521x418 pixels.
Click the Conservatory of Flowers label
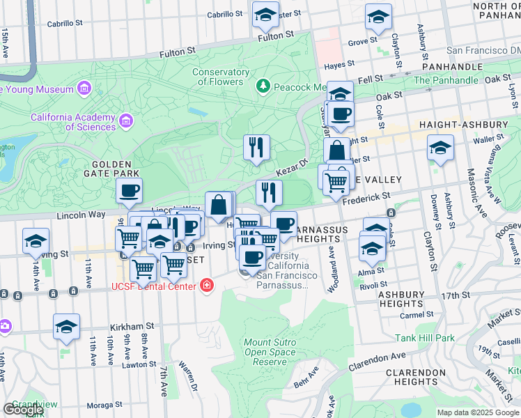point(221,77)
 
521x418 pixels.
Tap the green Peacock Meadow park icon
point(263,86)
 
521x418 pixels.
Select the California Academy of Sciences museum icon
point(126,122)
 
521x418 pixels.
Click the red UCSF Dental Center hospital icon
point(206,286)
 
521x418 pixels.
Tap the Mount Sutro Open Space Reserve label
point(271,352)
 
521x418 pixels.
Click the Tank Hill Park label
point(425,338)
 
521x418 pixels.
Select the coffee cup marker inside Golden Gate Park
point(130,191)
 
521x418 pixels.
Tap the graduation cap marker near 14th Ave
point(36,241)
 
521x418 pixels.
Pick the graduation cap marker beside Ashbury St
point(440,148)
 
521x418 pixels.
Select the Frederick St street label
point(366,199)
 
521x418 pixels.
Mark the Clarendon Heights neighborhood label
point(415,376)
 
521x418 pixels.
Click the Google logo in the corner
point(23,410)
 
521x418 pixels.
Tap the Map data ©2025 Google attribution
point(478,412)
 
